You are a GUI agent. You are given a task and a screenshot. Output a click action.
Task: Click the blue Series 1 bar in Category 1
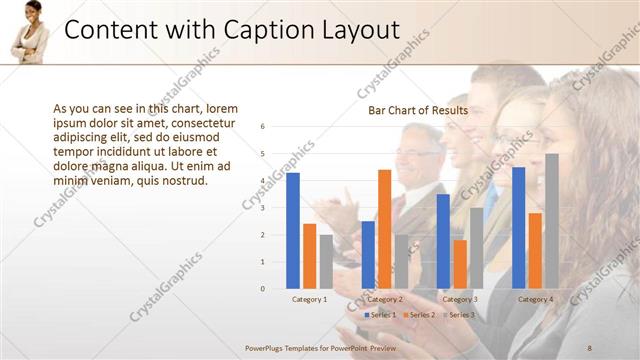(293, 231)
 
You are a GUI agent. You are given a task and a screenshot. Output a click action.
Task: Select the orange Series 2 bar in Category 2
(384, 229)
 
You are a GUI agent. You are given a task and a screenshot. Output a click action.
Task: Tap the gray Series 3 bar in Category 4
(551, 221)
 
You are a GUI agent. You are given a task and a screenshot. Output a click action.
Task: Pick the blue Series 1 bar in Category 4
(518, 228)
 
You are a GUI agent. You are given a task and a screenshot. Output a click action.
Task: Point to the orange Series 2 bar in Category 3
(459, 264)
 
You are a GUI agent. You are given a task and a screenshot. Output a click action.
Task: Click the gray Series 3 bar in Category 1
(326, 261)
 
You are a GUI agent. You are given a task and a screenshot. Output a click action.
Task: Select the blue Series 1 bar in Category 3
(443, 241)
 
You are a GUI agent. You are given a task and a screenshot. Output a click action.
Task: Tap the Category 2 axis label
(384, 299)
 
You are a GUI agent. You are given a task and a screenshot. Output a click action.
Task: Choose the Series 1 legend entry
(381, 315)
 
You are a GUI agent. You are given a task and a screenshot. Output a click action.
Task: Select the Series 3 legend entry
(458, 315)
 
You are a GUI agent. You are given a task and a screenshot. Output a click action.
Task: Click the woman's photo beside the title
(30, 32)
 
